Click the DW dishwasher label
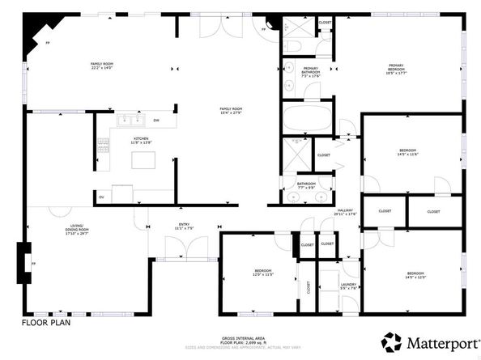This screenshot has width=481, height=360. point(156,121)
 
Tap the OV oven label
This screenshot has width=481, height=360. point(101,197)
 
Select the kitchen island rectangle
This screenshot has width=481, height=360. point(144,161)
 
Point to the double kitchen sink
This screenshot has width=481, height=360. point(130,121)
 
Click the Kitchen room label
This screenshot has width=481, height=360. point(143,140)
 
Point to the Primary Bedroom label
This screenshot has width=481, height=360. point(396,70)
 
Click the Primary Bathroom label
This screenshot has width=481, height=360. point(310,71)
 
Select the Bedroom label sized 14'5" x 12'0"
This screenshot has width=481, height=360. point(415,275)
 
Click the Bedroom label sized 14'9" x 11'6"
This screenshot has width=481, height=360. point(407,152)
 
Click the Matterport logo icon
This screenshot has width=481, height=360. point(392,341)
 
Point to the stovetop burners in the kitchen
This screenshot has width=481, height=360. point(103,146)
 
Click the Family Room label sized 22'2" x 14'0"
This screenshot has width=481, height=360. point(100,66)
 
